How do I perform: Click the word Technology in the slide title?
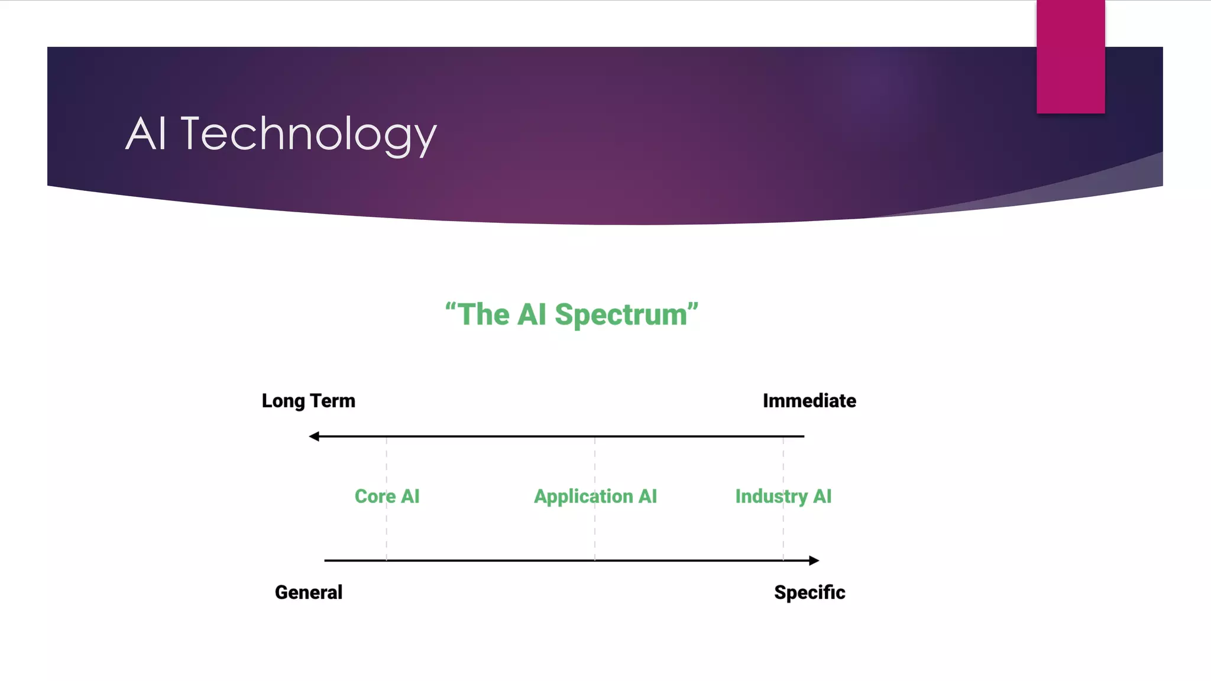[308, 134]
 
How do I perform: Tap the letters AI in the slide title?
[145, 134]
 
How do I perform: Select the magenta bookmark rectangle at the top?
[1070, 57]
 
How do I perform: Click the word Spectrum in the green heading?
[620, 315]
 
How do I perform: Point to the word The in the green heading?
[483, 314]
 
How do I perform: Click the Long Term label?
[309, 401]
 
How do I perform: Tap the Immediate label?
[809, 401]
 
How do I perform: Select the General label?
[309, 592]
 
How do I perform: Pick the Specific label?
[810, 592]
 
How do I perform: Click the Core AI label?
[387, 497]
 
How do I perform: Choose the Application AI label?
[595, 497]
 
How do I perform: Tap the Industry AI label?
[783, 497]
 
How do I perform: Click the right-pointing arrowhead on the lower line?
[814, 560]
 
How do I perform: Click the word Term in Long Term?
[333, 401]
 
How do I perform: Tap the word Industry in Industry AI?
[771, 497]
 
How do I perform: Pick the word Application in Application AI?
[583, 497]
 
